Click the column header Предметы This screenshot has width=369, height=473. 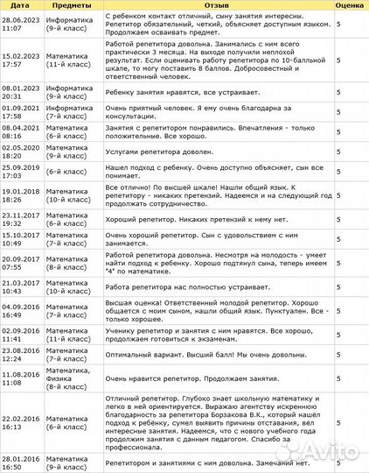coord(73,5)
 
